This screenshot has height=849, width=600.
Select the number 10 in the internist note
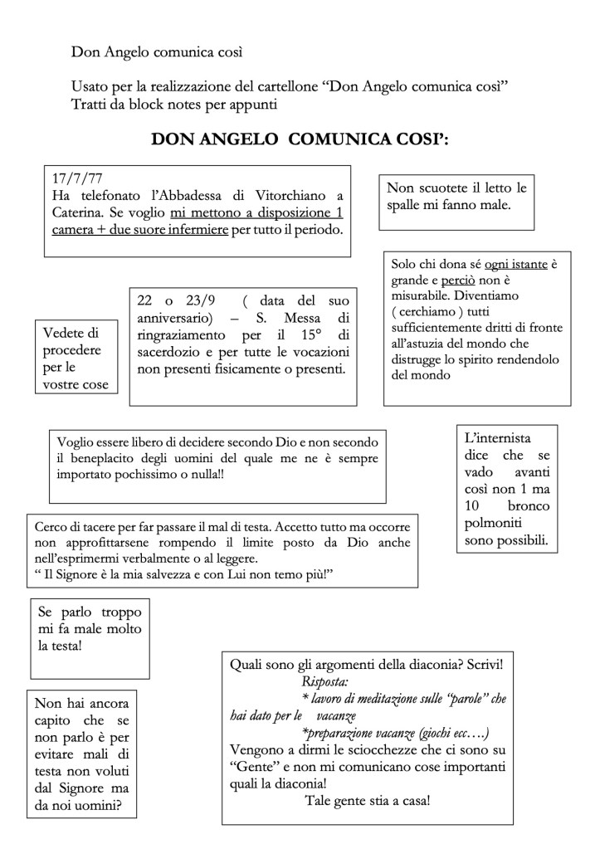tap(471, 505)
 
